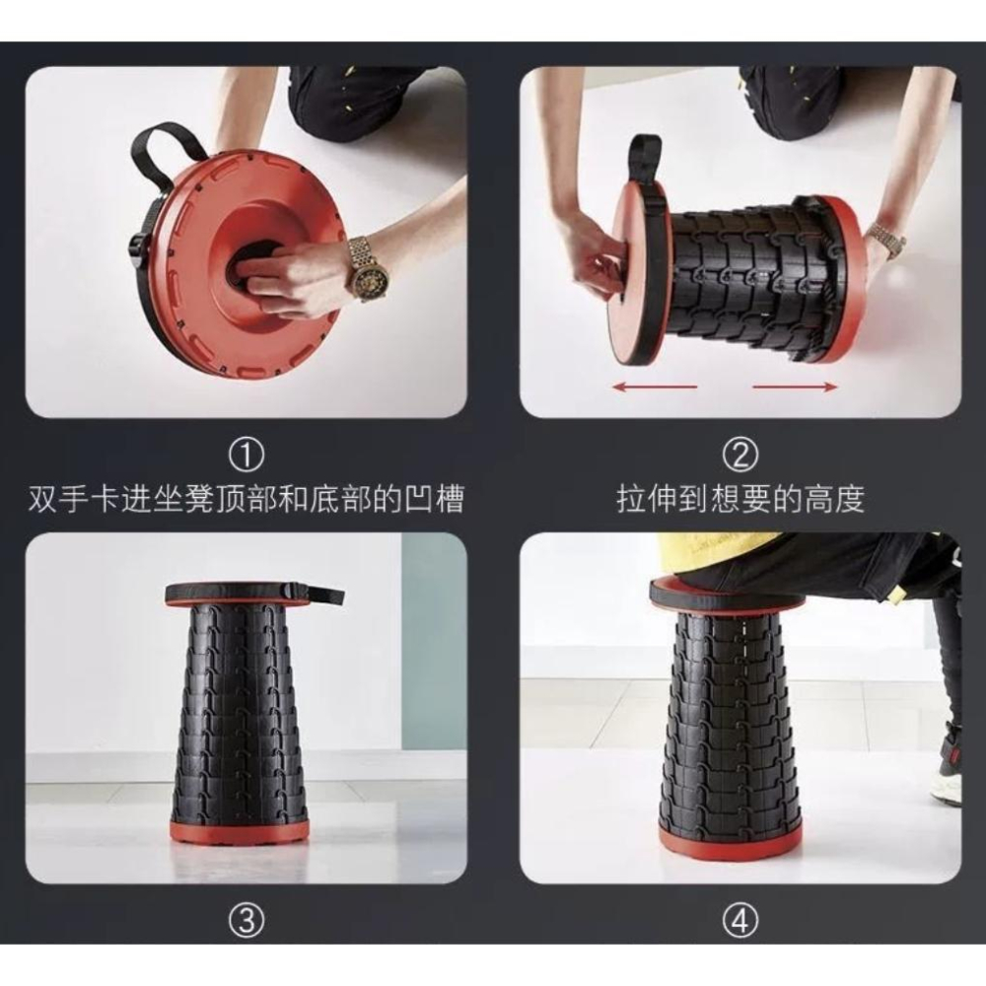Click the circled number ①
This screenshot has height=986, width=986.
pos(246,456)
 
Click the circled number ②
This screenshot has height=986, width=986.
pos(739,456)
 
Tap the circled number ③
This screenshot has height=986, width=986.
pos(246,921)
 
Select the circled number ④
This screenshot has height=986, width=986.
pos(739,921)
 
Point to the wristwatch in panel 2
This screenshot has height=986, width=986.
pos(884,240)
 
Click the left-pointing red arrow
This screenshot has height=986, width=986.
pos(655,387)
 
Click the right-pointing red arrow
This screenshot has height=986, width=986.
pos(795,387)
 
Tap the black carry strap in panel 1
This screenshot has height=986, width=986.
pos(170,148)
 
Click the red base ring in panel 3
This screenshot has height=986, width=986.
pos(240,832)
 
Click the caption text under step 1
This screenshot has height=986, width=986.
pos(246,499)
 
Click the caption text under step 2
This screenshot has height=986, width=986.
pos(739,499)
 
